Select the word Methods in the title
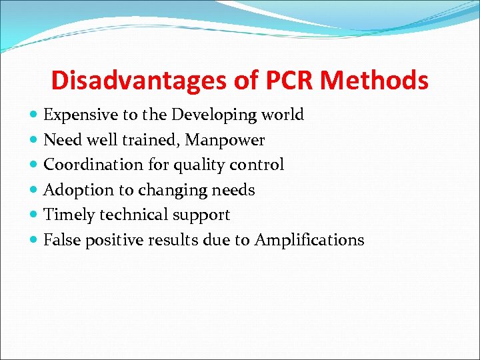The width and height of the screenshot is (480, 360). [x=374, y=81]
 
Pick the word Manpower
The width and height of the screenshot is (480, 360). [x=227, y=140]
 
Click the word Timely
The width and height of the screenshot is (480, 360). [x=69, y=215]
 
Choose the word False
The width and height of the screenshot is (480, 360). [x=62, y=240]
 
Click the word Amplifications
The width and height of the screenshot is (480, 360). [x=309, y=240]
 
